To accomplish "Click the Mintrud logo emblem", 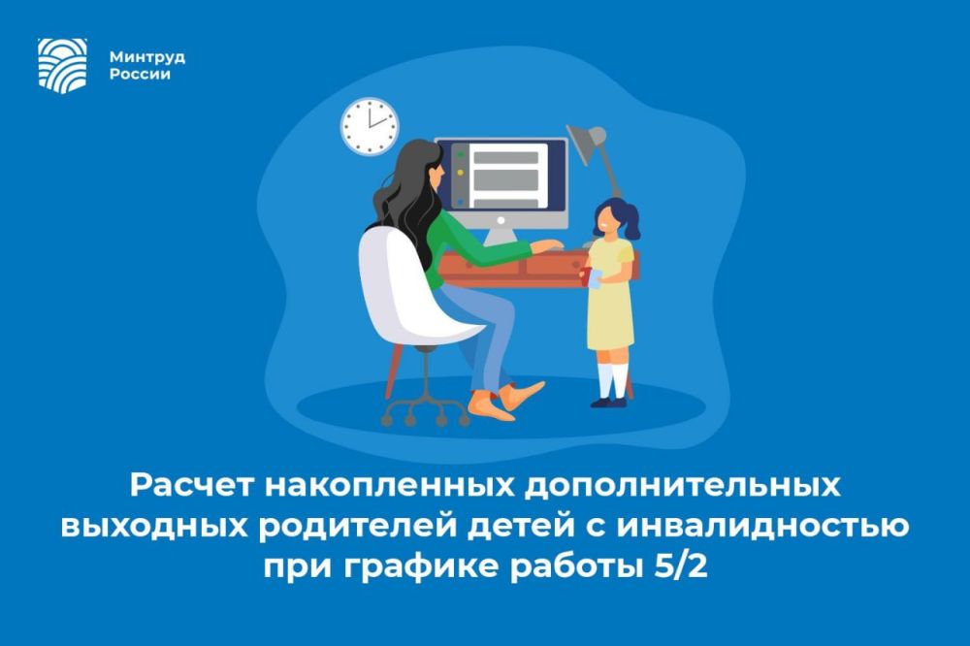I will [x=62, y=63].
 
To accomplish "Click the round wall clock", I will [x=370, y=126].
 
